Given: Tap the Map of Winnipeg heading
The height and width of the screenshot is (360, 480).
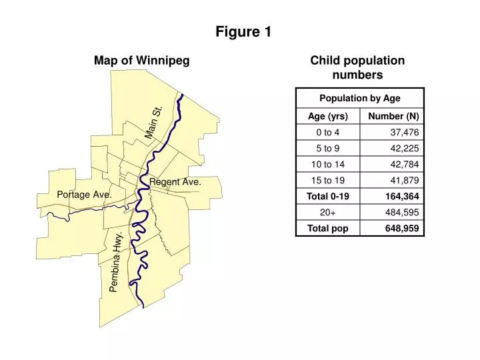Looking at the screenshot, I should (x=142, y=61).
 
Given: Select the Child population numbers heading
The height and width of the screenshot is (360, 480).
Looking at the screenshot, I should (x=357, y=67).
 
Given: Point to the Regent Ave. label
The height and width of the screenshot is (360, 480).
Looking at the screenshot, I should (x=175, y=181).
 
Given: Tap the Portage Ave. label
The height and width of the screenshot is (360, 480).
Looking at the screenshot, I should (x=83, y=194).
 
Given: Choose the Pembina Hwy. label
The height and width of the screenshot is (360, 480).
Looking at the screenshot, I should (x=116, y=262).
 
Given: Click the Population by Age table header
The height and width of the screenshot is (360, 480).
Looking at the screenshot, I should (x=360, y=98).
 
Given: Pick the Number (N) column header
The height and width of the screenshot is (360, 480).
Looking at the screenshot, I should (x=393, y=116).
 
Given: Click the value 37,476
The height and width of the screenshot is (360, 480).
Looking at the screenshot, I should (x=405, y=132).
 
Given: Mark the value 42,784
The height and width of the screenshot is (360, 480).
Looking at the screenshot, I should (x=405, y=164).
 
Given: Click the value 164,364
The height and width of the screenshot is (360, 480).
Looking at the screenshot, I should (x=402, y=196).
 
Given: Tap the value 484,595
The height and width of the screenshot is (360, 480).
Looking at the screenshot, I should (x=403, y=212).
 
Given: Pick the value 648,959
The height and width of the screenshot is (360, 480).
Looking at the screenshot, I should (x=402, y=228).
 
